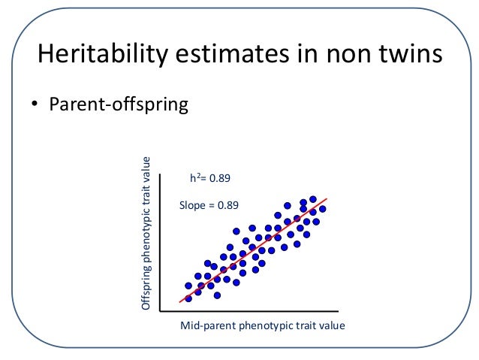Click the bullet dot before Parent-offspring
(35, 104)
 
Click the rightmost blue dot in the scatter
(323, 209)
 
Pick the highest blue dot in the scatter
(313, 199)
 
